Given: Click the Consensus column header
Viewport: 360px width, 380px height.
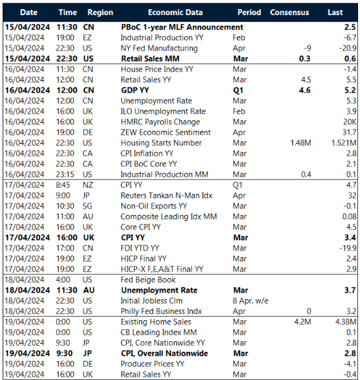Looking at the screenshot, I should pyautogui.click(x=290, y=12).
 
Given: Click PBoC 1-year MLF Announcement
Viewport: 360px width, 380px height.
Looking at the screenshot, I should pyautogui.click(x=182, y=27).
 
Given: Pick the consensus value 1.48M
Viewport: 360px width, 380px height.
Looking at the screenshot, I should pyautogui.click(x=300, y=143).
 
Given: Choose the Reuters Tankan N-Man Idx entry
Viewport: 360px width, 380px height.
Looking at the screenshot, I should pyautogui.click(x=165, y=195).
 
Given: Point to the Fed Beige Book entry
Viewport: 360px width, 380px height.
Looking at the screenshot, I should pyautogui.click(x=149, y=279).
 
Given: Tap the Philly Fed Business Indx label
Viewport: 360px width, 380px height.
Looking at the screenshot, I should pyautogui.click(x=161, y=311).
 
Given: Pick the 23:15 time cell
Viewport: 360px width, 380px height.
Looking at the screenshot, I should pyautogui.click(x=67, y=174).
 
